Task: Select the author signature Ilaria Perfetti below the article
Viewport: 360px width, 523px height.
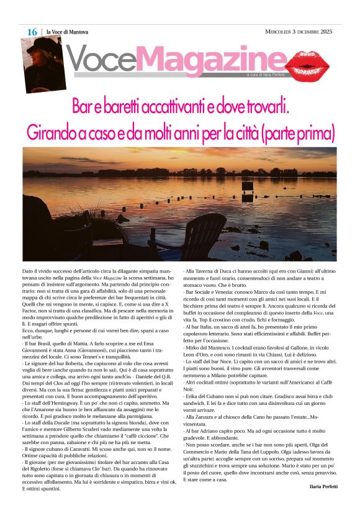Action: (323, 486)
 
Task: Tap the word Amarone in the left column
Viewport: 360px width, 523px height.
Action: (64, 393)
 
